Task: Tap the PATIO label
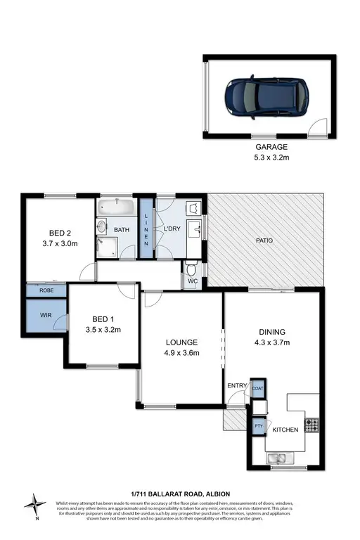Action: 264,241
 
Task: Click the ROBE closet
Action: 46,289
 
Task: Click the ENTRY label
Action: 237,385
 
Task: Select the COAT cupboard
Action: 258,388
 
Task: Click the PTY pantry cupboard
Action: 257,425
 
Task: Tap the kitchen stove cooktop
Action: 312,425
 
